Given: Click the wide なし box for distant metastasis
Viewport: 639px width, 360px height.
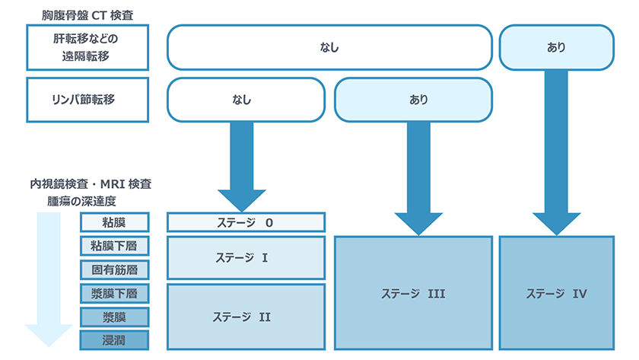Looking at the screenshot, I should (x=330, y=47).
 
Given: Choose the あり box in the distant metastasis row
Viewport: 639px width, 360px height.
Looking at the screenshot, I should (x=556, y=47).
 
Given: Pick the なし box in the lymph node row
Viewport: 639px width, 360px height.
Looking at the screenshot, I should (x=246, y=99).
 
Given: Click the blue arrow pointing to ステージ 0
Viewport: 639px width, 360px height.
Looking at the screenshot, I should (x=241, y=167).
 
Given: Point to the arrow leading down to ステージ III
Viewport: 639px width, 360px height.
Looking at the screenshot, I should (x=418, y=179).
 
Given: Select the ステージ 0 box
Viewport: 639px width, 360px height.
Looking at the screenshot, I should (x=246, y=223).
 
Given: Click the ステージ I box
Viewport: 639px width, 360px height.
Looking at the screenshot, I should (x=246, y=257).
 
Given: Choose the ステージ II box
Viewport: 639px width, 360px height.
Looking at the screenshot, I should (x=246, y=317).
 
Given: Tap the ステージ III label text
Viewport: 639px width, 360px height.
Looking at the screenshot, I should (x=418, y=293).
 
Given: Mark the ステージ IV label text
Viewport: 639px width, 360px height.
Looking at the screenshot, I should (x=556, y=293).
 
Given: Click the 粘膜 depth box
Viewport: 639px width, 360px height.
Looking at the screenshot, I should (x=114, y=223).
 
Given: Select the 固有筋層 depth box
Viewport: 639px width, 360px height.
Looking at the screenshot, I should (x=114, y=269).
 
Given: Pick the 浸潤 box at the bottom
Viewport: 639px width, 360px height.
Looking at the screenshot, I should (x=114, y=339).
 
